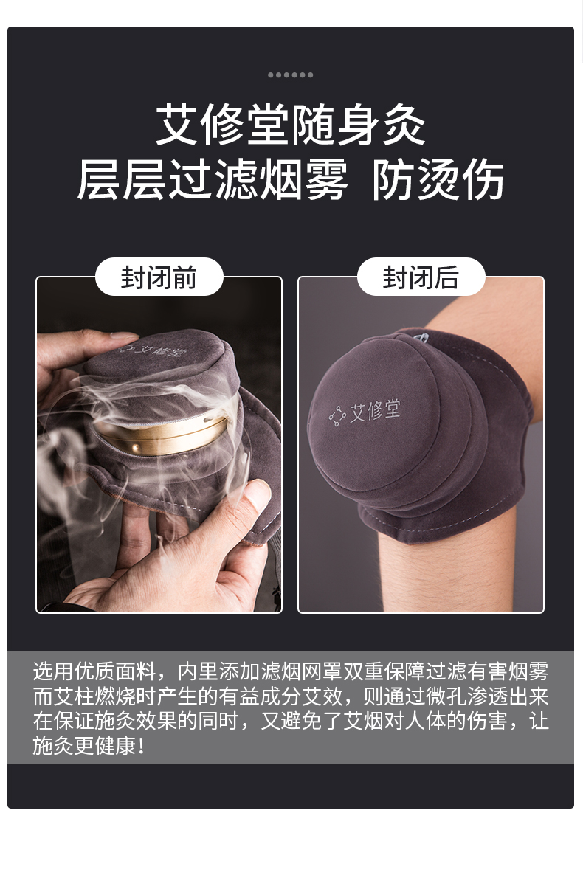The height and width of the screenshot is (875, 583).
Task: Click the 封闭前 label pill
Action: click(x=159, y=277)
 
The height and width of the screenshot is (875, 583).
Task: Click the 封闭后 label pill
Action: click(x=421, y=277)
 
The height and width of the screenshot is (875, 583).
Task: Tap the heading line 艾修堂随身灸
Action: click(x=290, y=125)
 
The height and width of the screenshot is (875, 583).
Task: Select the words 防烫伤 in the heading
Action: click(x=438, y=179)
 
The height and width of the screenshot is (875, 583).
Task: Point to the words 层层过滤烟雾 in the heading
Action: click(x=213, y=179)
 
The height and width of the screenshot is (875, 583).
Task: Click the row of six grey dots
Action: click(x=290, y=75)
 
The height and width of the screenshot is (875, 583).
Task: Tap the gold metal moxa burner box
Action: click(x=161, y=432)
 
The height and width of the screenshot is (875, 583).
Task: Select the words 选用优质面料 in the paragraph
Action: click(x=94, y=671)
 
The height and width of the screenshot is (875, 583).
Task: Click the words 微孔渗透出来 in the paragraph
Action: click(x=487, y=696)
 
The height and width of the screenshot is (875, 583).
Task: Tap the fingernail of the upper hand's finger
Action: click(x=123, y=336)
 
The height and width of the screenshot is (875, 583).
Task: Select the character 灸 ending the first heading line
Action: click(x=404, y=125)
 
